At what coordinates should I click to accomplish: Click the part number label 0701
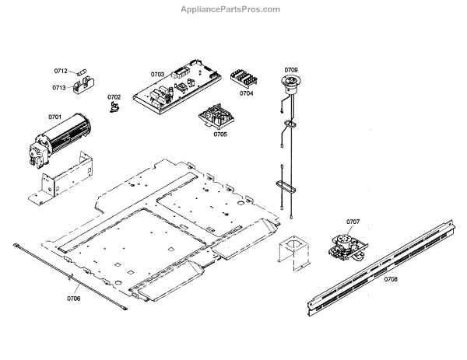54,117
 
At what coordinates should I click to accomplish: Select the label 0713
60,88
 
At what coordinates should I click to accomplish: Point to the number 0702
114,97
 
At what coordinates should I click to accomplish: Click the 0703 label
157,75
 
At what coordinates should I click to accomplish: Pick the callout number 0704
246,93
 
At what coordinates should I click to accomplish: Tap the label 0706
74,298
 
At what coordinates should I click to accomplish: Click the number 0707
353,222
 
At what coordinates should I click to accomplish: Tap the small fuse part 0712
83,71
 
